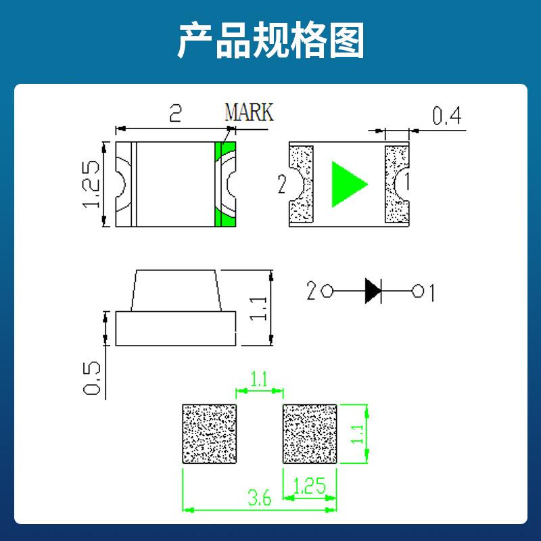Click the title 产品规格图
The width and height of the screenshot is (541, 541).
click(271, 41)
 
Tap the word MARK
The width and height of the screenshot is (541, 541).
click(249, 112)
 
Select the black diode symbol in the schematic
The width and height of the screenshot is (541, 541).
click(373, 291)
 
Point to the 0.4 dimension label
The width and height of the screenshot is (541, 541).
click(447, 116)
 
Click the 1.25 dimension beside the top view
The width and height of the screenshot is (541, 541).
click(91, 184)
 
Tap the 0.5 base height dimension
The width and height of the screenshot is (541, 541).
click(92, 378)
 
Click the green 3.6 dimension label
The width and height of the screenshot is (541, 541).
click(260, 498)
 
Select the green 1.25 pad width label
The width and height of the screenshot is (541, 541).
click(309, 486)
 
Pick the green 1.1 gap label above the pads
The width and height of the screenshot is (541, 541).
click(259, 380)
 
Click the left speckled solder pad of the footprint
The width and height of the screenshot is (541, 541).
click(209, 434)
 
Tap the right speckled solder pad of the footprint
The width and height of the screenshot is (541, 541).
click(310, 434)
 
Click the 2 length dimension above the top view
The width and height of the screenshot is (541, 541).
click(176, 113)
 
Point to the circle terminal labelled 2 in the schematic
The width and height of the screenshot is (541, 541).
click(327, 291)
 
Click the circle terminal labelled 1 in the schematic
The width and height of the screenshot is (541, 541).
click(418, 291)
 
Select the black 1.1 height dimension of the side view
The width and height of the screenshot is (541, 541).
click(258, 308)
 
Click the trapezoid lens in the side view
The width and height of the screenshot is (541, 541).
click(176, 291)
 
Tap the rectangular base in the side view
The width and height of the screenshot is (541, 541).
click(176, 329)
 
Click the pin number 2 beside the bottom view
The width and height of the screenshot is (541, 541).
click(282, 184)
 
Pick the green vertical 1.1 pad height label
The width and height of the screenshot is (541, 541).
click(357, 434)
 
